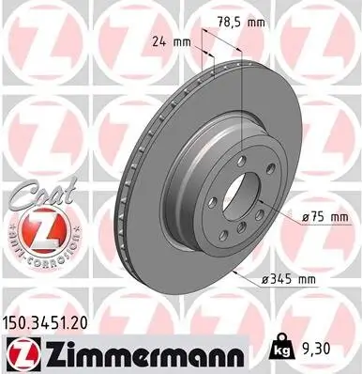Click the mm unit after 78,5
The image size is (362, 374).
pyautogui.click(x=260, y=22)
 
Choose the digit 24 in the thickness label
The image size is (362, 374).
pyautogui.click(x=158, y=41)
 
